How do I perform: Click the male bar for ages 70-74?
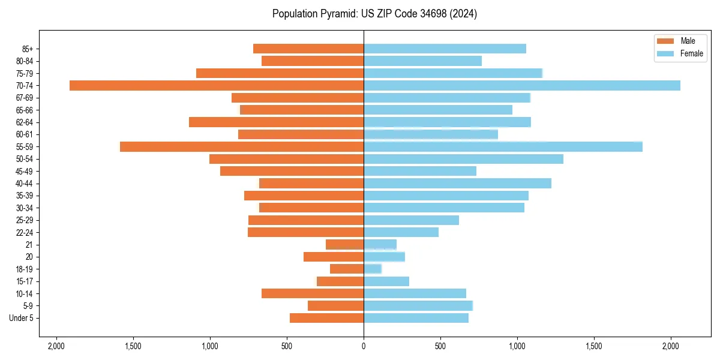[216, 85]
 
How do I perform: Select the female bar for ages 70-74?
[522, 85]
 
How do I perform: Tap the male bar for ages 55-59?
[241, 146]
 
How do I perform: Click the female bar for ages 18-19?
[373, 269]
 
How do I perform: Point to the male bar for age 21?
[344, 244]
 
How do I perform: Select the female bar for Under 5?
[416, 318]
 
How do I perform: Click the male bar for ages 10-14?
[313, 293]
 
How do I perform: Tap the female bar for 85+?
[445, 49]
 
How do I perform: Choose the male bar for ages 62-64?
[276, 122]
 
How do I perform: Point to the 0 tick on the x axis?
[364, 346]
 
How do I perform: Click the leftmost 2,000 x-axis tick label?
[56, 346]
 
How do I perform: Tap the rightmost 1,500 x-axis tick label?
[594, 346]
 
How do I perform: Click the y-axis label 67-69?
[25, 98]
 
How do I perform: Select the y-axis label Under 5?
[22, 318]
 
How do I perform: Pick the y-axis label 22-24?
[25, 232]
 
